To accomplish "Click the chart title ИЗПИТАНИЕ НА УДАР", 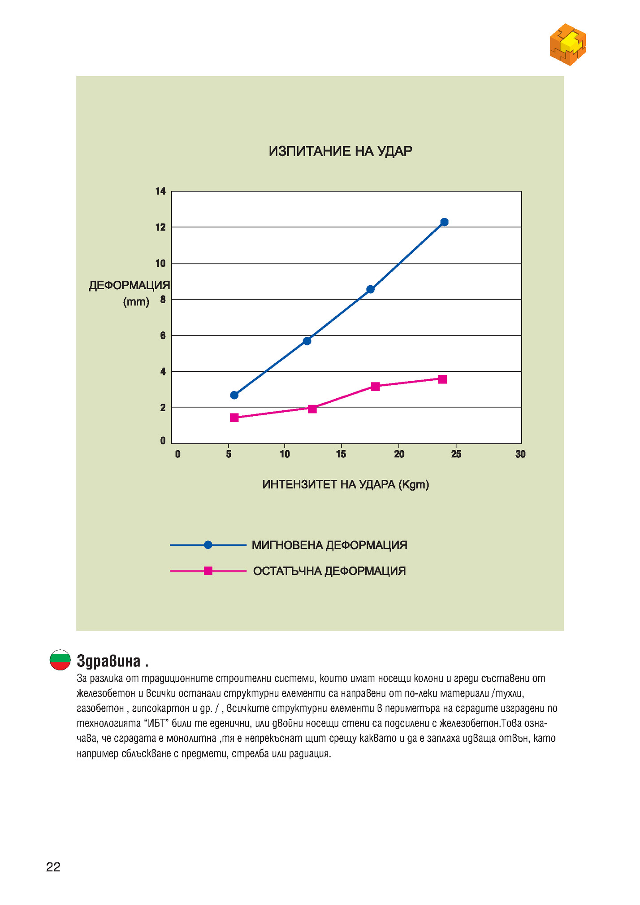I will coord(340,152).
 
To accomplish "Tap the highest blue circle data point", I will coord(444,222).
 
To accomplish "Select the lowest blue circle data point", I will coord(234,395).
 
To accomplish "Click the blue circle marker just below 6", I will coord(307,341).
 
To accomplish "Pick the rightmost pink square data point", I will coord(442,379).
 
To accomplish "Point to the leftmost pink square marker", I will coord(234,418).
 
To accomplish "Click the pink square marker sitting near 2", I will coord(312,409).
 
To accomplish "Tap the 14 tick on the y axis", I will coord(160,191).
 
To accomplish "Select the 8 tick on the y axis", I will coord(163,300).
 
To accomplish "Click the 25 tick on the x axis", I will coord(456,454).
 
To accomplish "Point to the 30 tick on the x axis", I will coord(520,454).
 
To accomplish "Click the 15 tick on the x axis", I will coord(341,454).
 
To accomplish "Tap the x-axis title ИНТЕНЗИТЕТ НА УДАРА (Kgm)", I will coord(346,485).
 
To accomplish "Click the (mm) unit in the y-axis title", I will coord(136,302).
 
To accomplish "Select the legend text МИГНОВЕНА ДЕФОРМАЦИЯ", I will coord(329,545).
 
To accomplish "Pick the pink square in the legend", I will coord(208,571).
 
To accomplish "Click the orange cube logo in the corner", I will coord(568,44).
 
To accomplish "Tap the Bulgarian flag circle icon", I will coord(60,660).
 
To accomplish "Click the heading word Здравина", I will coord(109,661).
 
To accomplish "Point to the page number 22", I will coord(53,867).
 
